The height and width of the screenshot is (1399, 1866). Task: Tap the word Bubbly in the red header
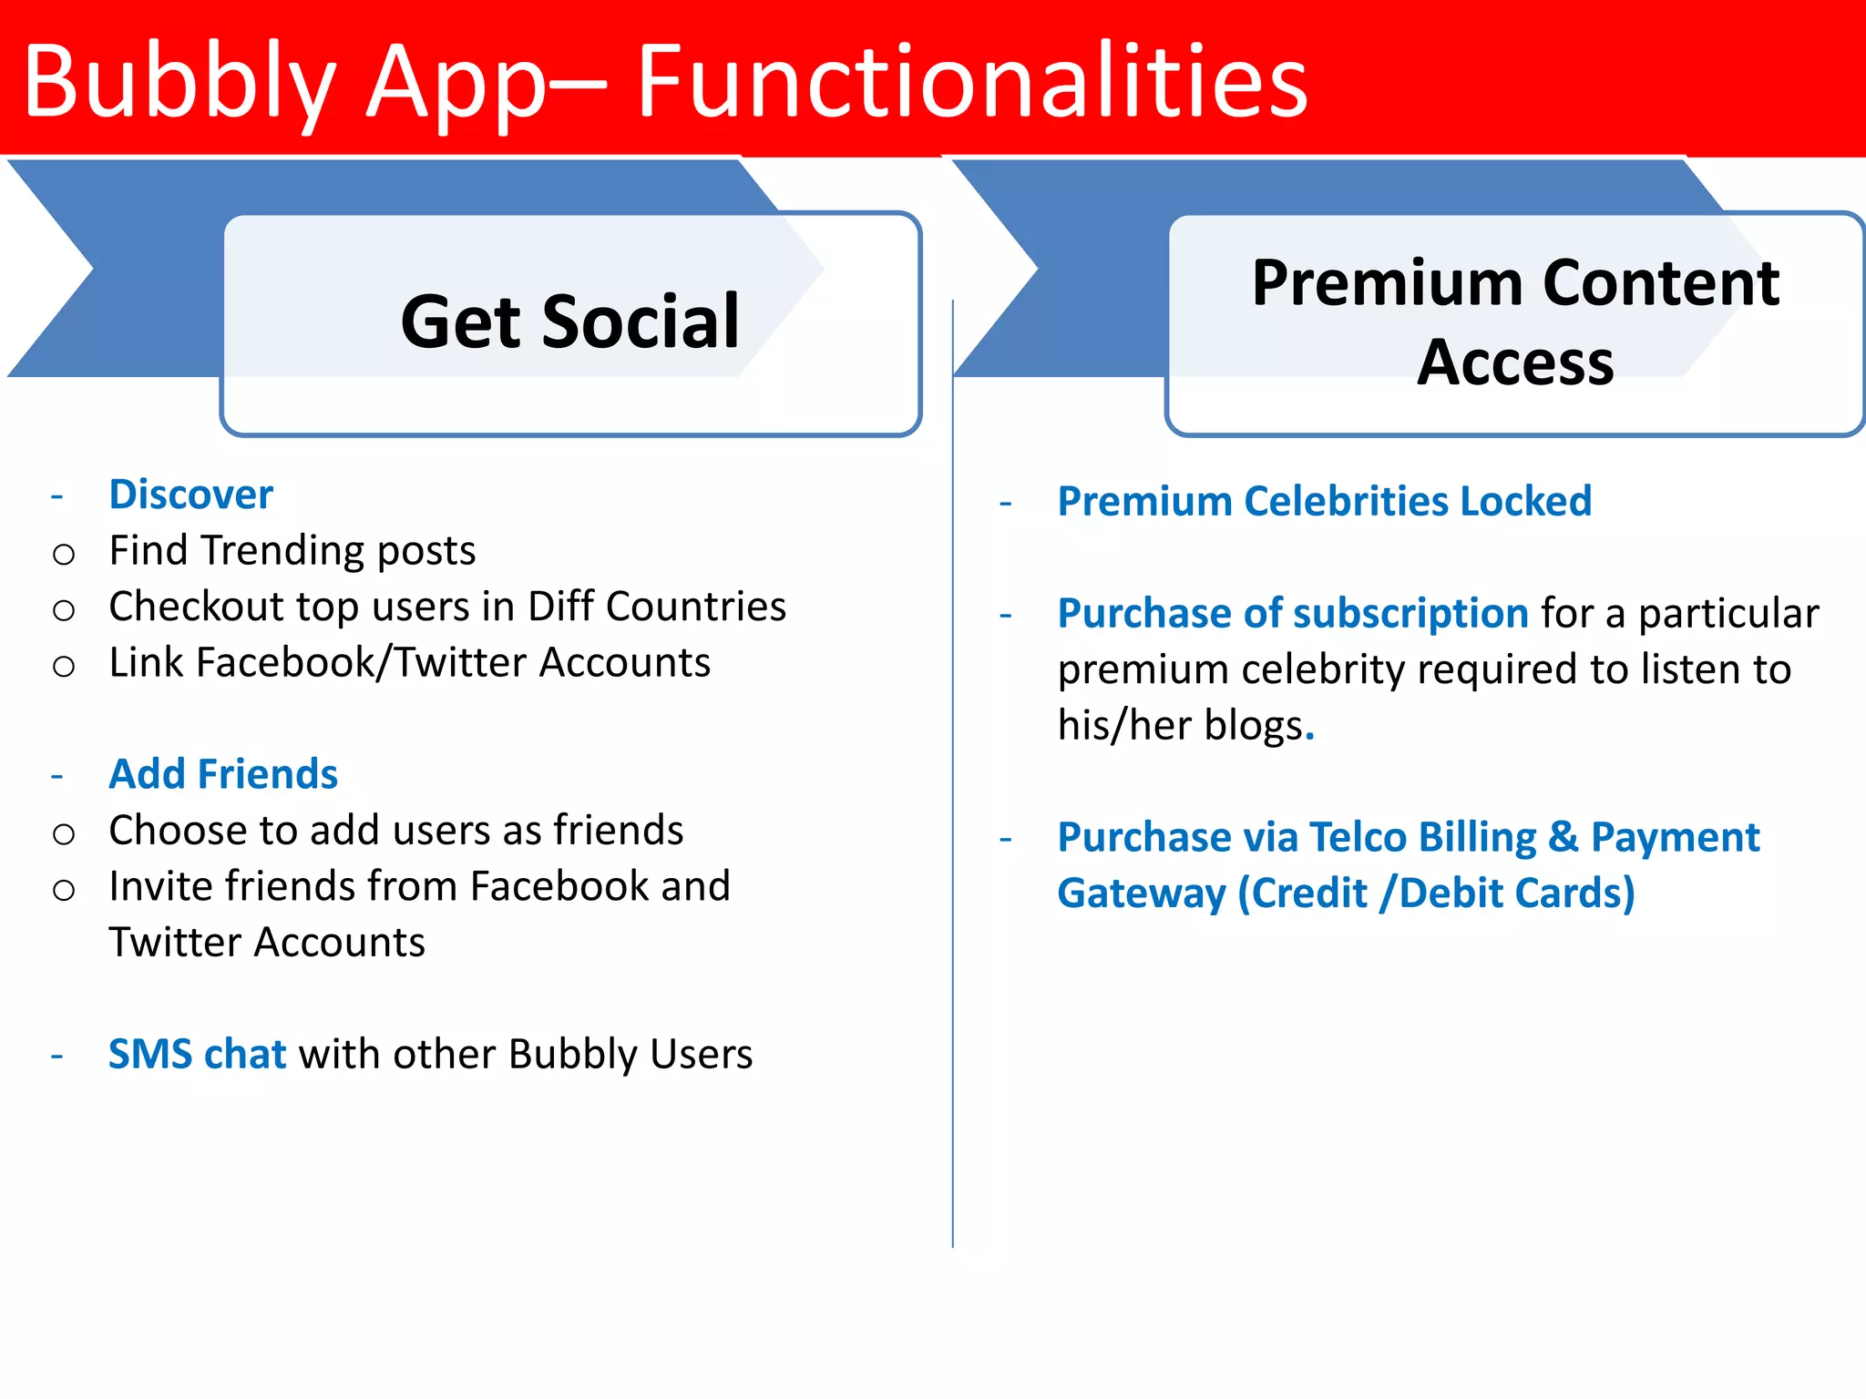(x=179, y=84)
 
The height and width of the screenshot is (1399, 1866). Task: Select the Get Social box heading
(x=570, y=322)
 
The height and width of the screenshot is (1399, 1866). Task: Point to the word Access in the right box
(x=1515, y=363)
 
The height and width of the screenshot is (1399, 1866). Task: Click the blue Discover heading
(x=190, y=495)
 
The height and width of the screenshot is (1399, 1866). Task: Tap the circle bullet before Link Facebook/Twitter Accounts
(x=64, y=667)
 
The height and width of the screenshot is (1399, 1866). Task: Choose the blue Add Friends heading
(x=223, y=774)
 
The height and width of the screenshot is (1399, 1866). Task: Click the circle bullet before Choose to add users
(x=64, y=834)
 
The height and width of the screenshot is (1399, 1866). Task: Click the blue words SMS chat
(x=197, y=1054)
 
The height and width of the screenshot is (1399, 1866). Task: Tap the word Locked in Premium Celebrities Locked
(x=1525, y=501)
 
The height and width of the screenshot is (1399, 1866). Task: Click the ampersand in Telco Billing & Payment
(x=1563, y=837)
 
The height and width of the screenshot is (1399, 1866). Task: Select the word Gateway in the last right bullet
(x=1141, y=894)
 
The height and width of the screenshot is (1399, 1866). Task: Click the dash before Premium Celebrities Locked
(x=1006, y=504)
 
